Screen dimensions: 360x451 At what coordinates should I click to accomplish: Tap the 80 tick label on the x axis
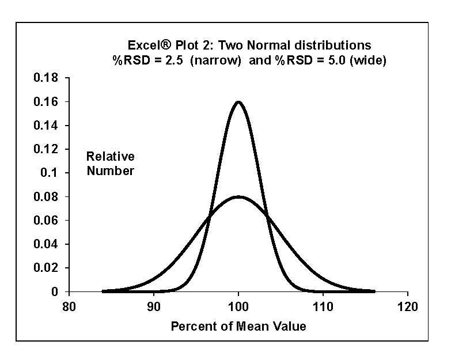pyautogui.click(x=69, y=307)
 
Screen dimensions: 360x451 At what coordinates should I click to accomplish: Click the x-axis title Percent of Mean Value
pyautogui.click(x=238, y=327)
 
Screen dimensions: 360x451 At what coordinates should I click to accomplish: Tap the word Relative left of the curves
pyautogui.click(x=110, y=157)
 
